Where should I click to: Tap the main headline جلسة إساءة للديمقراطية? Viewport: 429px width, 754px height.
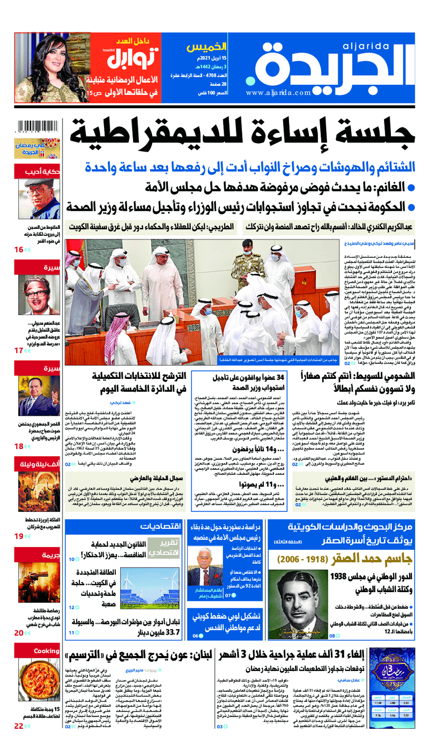point(244,139)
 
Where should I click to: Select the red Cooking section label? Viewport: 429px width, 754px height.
point(46,651)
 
